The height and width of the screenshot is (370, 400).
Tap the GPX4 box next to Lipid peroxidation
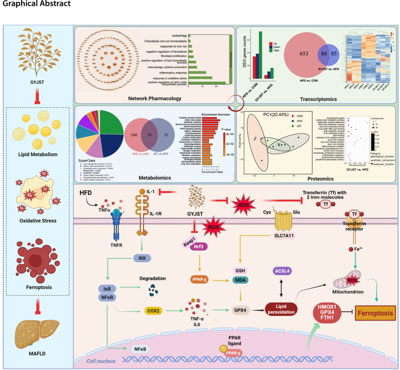[241, 310]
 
